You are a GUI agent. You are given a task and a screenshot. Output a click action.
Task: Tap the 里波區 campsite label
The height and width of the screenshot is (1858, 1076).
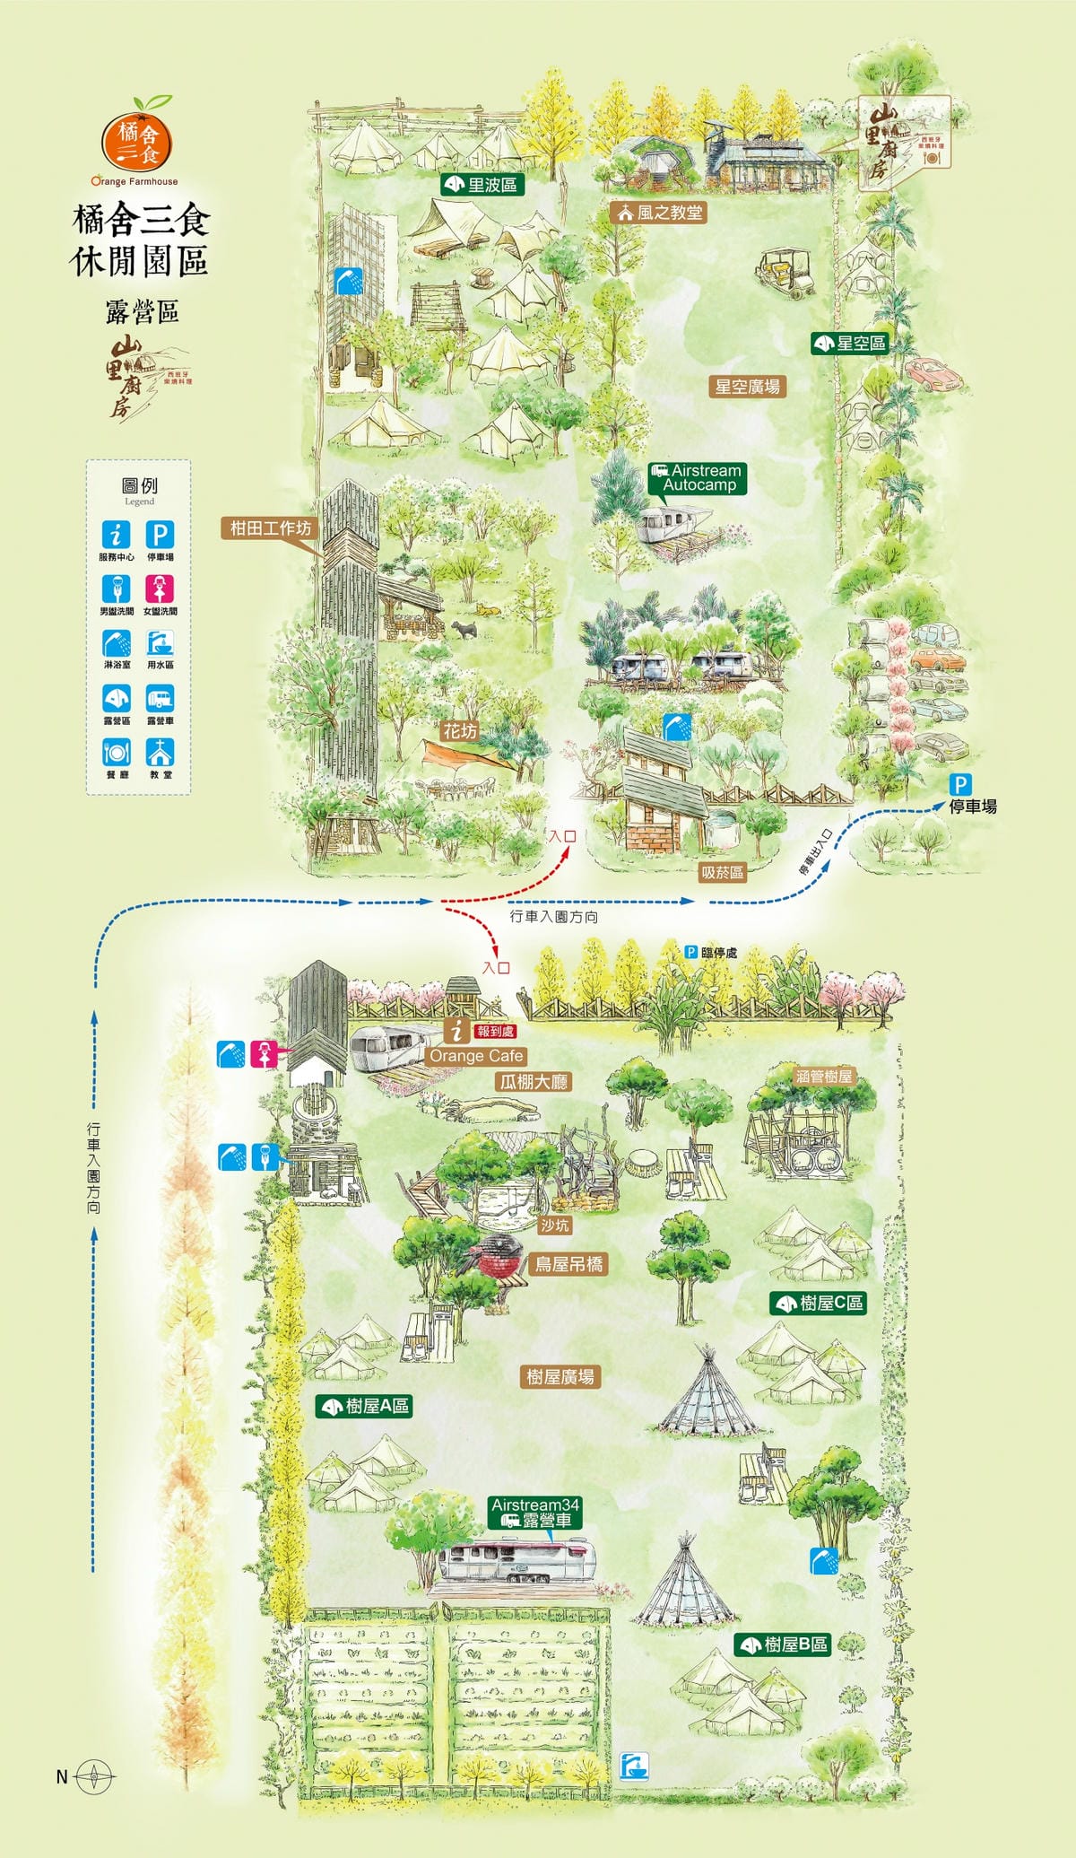coord(482,185)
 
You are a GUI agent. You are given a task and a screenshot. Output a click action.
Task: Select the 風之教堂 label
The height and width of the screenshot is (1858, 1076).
coord(659,213)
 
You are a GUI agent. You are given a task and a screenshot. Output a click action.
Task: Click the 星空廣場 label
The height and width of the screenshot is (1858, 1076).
coord(747,387)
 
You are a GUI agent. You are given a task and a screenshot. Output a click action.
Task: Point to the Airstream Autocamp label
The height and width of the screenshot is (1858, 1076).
coord(698,477)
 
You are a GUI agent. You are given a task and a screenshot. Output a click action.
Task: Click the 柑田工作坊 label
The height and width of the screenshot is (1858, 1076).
coord(270,528)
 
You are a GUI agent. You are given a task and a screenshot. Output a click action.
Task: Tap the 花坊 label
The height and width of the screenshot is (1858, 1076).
coord(460,731)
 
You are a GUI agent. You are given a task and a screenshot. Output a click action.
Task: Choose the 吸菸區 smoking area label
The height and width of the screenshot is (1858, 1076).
coord(722,872)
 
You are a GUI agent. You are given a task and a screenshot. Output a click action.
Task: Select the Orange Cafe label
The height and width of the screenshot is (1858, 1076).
coord(476,1056)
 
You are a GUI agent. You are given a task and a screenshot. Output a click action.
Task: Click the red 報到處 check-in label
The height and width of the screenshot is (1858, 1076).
coord(495,1032)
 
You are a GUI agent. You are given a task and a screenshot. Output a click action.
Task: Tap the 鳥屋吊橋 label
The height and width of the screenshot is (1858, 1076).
coord(569,1264)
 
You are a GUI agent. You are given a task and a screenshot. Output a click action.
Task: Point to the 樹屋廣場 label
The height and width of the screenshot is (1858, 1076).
coord(560,1376)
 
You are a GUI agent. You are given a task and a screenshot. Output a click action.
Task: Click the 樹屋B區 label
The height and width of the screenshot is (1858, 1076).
coord(784,1644)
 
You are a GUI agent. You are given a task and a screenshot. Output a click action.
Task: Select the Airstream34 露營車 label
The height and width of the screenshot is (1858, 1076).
coord(536,1513)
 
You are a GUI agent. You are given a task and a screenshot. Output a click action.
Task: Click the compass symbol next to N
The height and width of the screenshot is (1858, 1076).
coord(94,1775)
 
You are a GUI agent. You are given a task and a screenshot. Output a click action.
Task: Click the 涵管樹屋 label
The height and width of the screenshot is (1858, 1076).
coord(823,1076)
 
